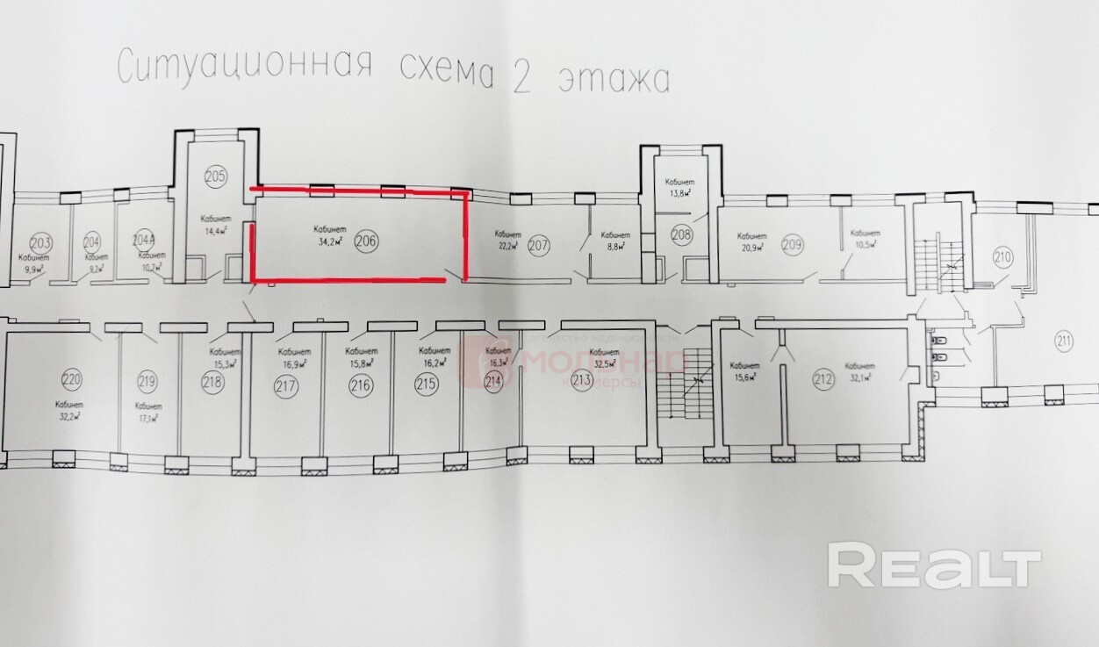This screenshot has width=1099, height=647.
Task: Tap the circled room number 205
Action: click(x=215, y=176)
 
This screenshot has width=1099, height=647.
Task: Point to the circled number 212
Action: click(x=822, y=380)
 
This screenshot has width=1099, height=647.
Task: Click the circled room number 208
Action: click(x=682, y=234)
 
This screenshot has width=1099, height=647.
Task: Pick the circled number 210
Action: click(x=1002, y=258)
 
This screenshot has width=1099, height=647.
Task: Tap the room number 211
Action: click(x=1065, y=341)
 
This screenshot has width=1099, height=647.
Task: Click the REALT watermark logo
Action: click(x=934, y=566)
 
